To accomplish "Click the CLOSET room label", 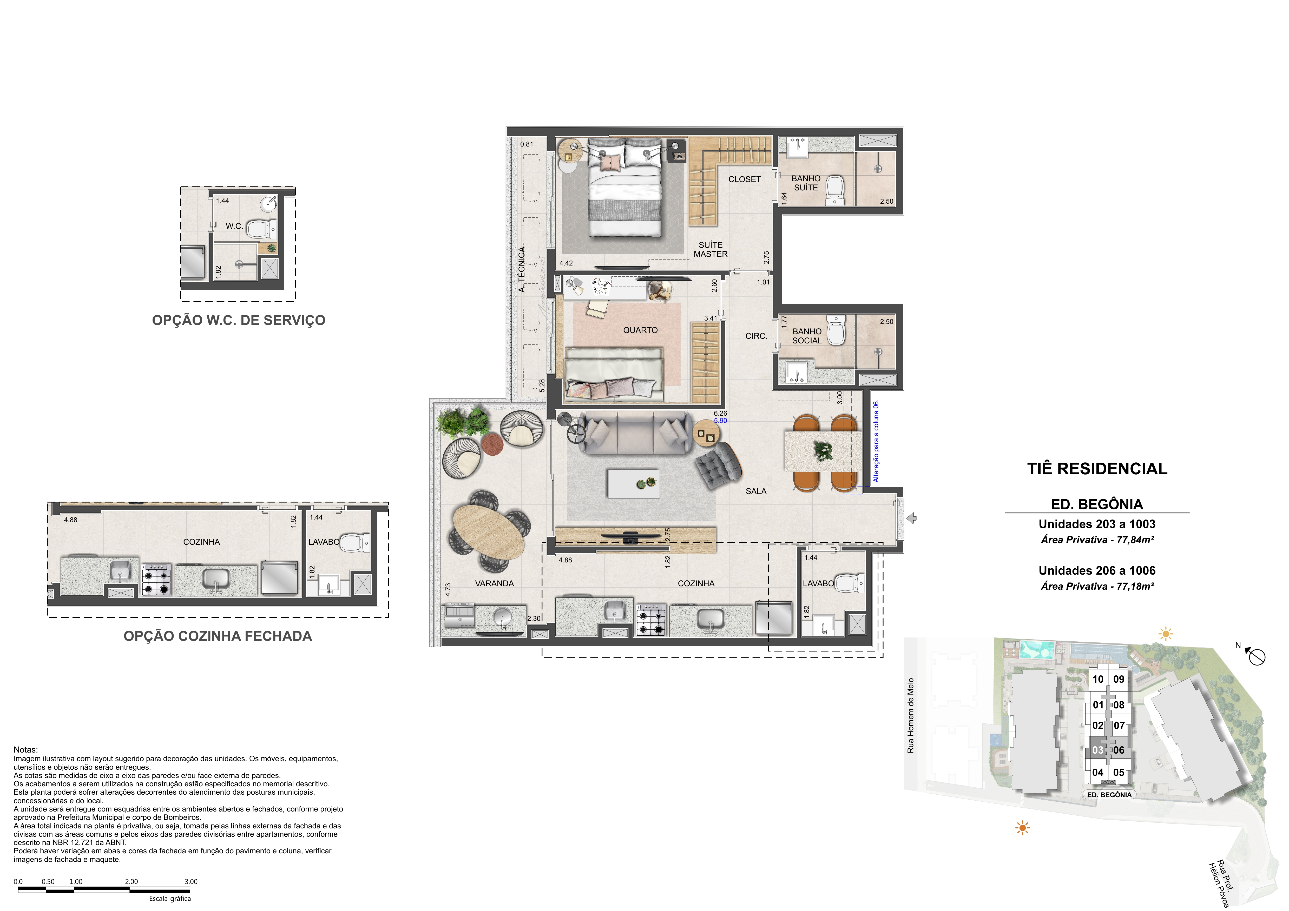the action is pos(745,179).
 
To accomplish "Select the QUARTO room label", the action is pos(640,330).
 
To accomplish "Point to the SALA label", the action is pos(756,491).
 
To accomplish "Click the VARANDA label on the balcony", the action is pos(494,583).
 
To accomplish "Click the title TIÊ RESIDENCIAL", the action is pos(1097,469).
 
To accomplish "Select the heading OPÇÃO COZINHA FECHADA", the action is pos(218,636).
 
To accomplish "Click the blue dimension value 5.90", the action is pos(720,420).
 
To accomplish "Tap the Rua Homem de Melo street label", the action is pos(911,716).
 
